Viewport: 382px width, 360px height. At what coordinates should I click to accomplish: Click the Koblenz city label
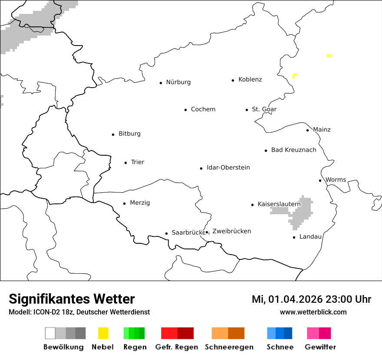coord(250,80)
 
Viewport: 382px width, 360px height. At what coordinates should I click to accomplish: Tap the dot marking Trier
coord(125,163)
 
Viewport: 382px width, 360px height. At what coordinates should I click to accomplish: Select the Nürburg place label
coord(178,82)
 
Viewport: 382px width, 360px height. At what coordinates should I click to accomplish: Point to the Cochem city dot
coord(185,110)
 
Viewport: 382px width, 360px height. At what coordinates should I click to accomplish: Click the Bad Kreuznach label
coord(293,150)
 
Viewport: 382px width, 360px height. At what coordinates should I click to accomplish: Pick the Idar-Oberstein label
coord(228,168)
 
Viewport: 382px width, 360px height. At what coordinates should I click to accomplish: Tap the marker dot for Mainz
coord(307,130)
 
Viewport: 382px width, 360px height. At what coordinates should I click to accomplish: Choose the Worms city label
coord(336,180)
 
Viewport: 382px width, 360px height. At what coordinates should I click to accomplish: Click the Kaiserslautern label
coord(279,204)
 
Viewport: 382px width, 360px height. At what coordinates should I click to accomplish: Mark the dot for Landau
coord(294,237)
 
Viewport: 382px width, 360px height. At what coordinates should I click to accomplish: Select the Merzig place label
coord(140,203)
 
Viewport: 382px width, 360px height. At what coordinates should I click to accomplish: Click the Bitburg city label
coord(129,134)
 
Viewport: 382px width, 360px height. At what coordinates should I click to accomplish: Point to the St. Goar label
coord(264,109)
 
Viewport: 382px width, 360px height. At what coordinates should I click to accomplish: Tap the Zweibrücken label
coord(231,232)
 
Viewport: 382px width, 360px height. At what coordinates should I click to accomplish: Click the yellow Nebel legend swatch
coord(103,333)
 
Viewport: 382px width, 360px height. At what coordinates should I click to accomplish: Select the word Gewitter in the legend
coord(320,347)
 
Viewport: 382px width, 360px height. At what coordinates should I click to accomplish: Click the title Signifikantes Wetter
coord(72,299)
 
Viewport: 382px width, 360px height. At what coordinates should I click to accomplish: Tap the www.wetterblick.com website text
coord(313,312)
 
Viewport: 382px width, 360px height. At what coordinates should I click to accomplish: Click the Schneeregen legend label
coord(229,347)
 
